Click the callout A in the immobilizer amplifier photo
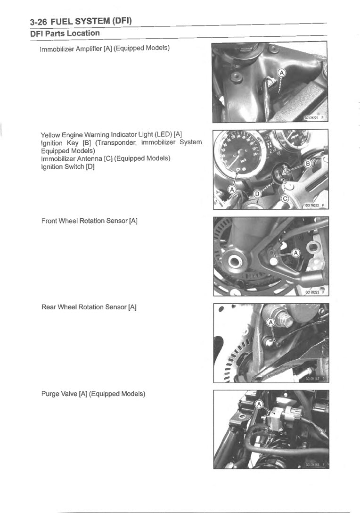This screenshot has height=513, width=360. coord(281,73)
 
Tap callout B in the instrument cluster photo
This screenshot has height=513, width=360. coord(309,163)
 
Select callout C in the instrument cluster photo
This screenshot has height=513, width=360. coord(285,199)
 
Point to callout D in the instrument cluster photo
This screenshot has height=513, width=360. coord(257,194)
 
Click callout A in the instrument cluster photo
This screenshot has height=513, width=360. coord(232,189)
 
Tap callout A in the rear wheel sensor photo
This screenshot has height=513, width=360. coord(270,323)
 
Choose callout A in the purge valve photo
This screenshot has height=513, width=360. coord(259,405)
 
